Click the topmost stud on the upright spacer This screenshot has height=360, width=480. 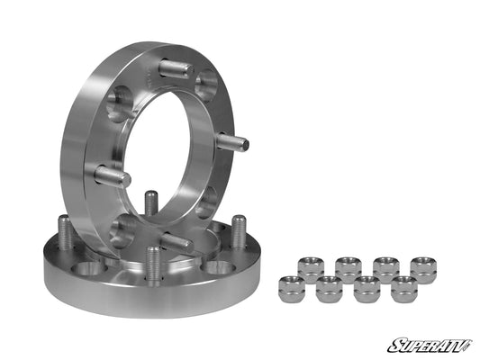(x=173, y=67)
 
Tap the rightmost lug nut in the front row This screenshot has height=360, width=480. (x=404, y=289)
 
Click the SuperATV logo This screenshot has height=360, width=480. (x=430, y=344)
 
